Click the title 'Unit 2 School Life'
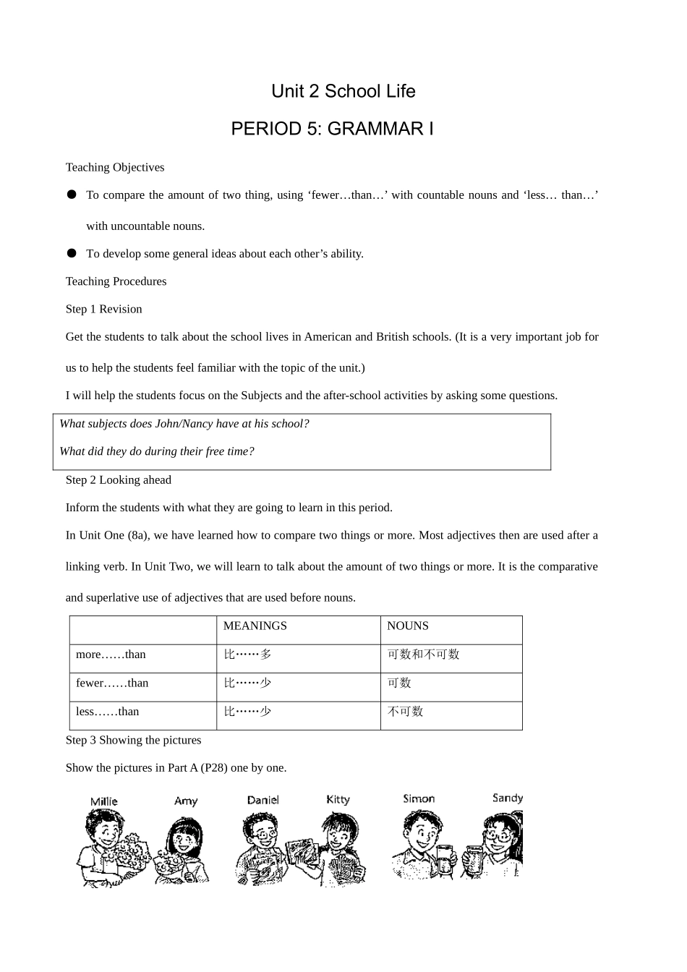coord(343,91)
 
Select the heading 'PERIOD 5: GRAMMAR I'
coord(332,129)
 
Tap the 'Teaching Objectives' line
coord(115,167)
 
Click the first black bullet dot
coord(72,195)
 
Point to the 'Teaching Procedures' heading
coord(116,281)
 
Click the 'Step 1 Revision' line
coord(103,309)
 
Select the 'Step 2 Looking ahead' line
coord(118,479)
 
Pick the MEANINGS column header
coord(255,626)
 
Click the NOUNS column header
coord(407,626)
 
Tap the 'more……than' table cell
coord(111,655)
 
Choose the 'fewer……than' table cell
coord(112,683)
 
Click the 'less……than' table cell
coord(107,712)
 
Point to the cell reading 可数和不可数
coord(423,655)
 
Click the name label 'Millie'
coord(103,801)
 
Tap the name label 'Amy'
coord(185,801)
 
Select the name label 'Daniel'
coord(263,800)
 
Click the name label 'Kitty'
coord(338,799)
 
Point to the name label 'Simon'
coord(419,798)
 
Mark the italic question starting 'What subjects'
coord(184,424)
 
